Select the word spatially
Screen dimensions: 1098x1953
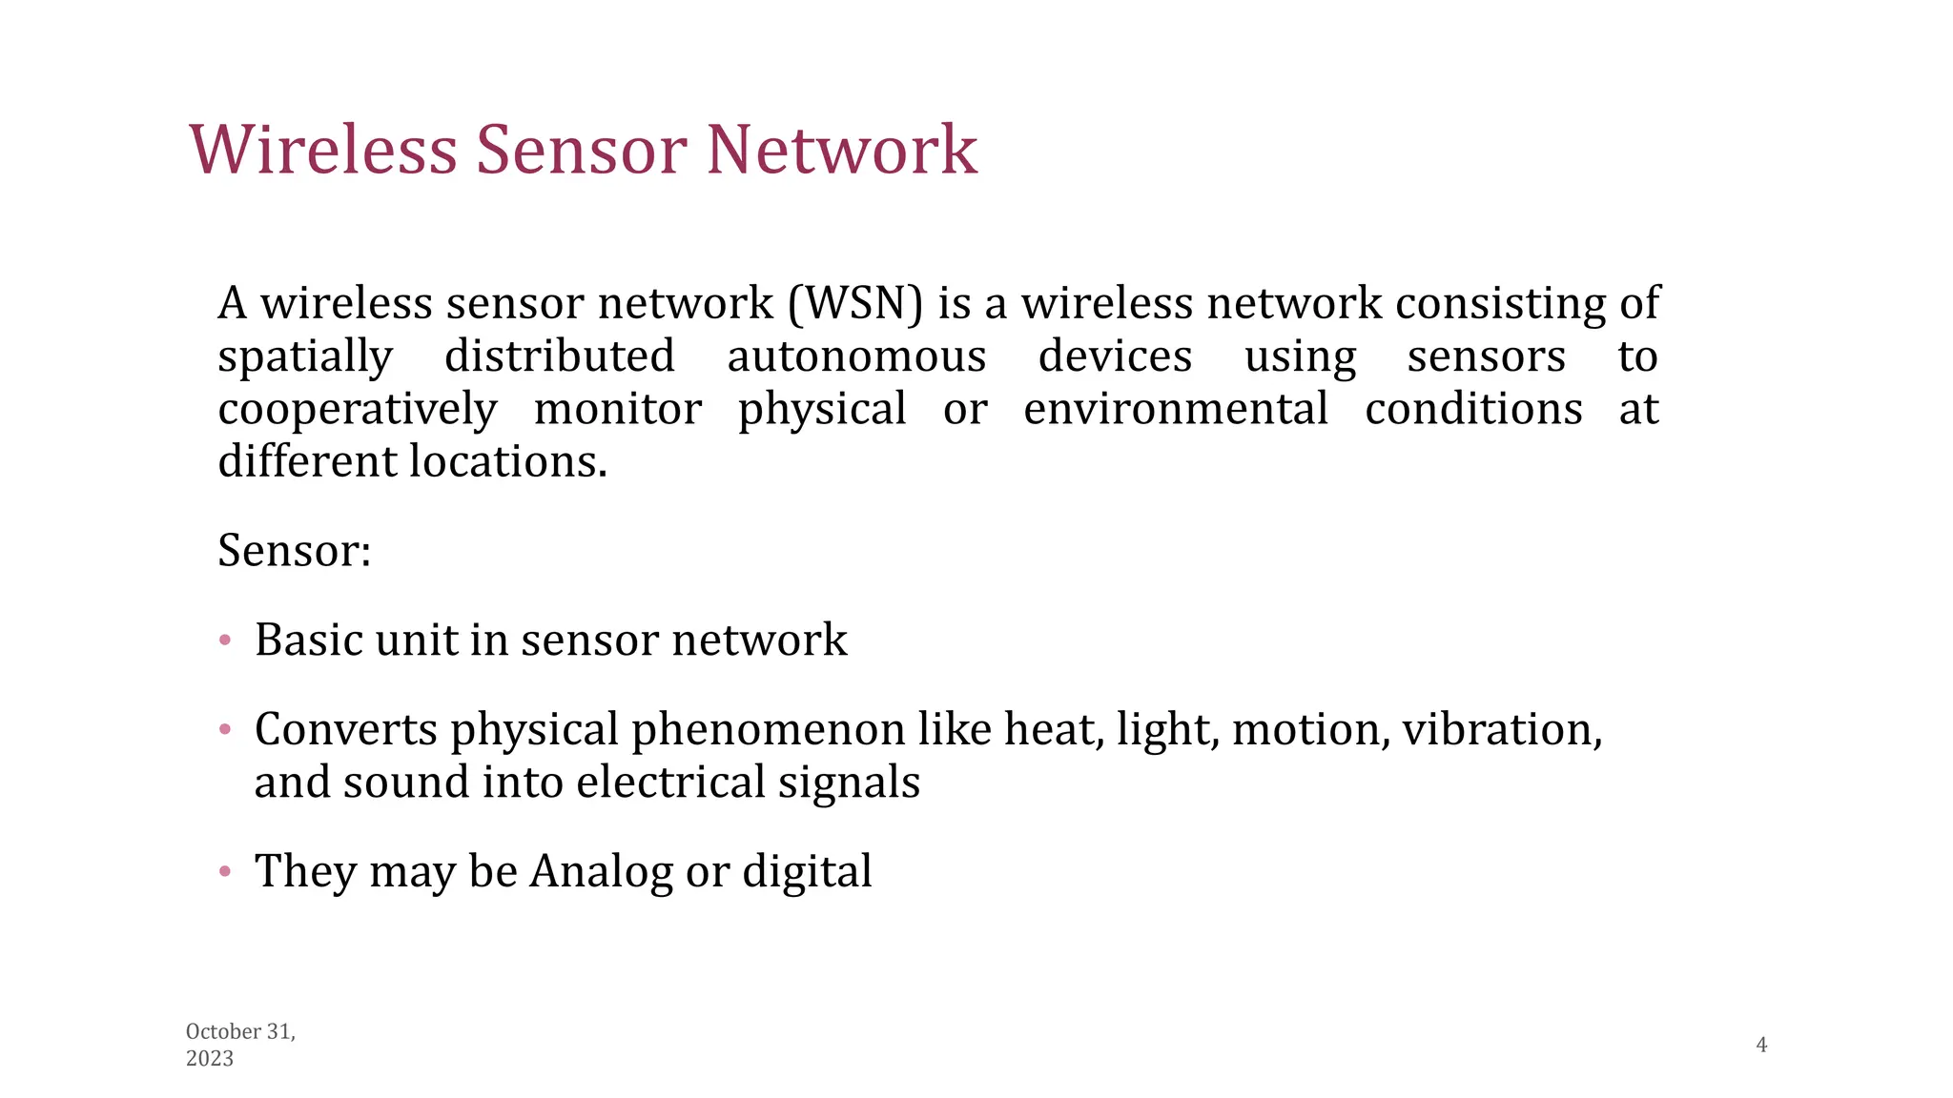tap(305, 357)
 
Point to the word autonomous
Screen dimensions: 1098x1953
tap(856, 356)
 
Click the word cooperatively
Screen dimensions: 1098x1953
tap(358, 410)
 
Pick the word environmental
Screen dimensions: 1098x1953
tap(1175, 409)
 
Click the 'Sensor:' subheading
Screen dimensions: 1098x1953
tap(294, 550)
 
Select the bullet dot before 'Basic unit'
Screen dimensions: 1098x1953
tap(225, 640)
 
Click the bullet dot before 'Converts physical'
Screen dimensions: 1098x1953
tap(225, 730)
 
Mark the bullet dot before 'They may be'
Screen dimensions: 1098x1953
tap(225, 871)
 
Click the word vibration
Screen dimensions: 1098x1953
tap(1501, 729)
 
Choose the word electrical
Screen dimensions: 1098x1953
tap(671, 782)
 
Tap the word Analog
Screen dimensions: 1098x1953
tap(601, 871)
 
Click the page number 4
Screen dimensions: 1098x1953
tap(1761, 1045)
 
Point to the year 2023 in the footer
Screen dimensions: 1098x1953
tap(210, 1058)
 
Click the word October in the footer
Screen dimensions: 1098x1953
tap(223, 1031)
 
